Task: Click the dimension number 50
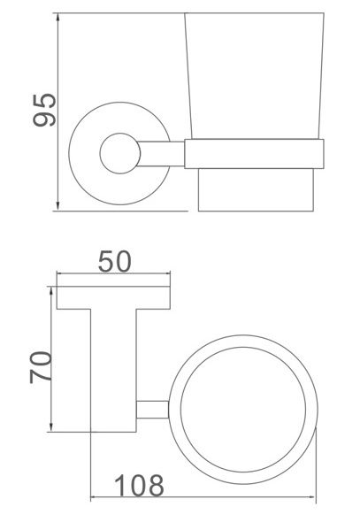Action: click(113, 261)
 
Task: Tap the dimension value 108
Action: click(139, 484)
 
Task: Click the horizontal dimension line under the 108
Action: click(203, 495)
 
